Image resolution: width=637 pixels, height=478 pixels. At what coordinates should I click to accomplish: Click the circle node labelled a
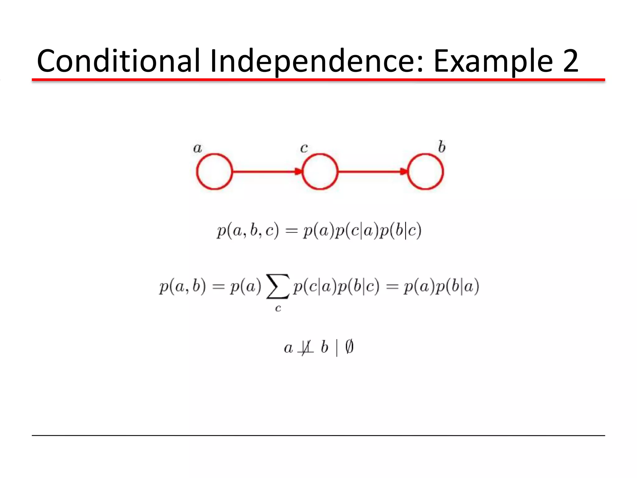point(214,171)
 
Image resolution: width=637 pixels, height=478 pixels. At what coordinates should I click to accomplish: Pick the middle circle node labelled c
point(320,171)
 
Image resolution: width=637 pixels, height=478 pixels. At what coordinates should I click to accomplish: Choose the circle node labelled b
point(425,171)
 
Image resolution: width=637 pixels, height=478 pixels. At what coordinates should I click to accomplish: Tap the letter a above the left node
point(198,148)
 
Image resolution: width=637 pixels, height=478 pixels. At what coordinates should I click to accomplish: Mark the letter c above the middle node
point(304,148)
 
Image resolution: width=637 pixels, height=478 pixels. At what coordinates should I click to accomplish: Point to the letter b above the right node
point(441,147)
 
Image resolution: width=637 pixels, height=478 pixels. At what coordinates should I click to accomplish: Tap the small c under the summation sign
point(278,308)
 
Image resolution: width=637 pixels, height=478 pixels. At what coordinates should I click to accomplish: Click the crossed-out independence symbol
point(306,347)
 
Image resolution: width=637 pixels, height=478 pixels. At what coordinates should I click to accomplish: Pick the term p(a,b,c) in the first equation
point(248,231)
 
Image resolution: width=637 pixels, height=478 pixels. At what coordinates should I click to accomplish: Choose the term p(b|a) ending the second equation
point(457,286)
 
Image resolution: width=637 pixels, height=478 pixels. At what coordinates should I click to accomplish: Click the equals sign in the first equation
point(291,231)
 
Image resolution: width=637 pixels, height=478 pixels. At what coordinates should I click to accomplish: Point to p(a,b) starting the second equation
point(182,286)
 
